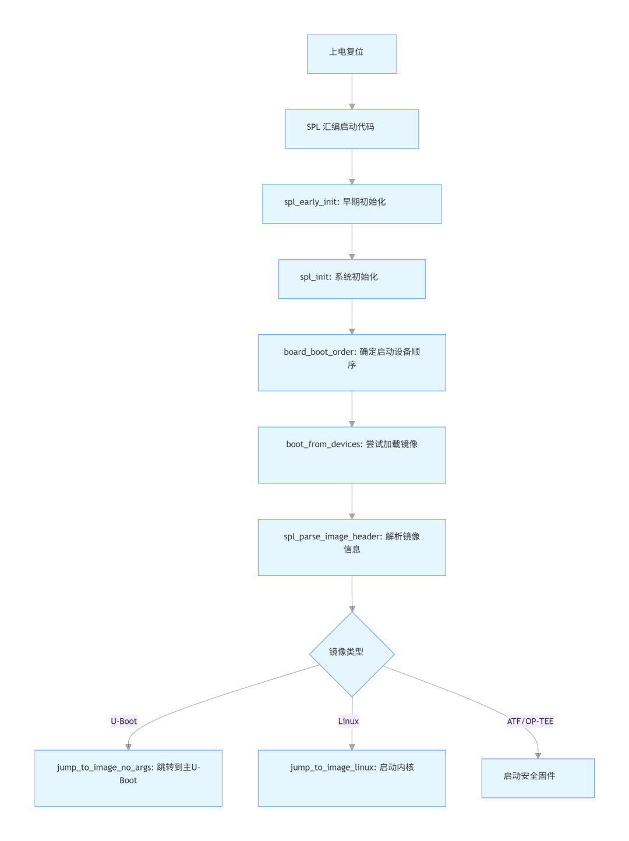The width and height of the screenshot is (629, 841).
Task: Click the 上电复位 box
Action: click(x=352, y=54)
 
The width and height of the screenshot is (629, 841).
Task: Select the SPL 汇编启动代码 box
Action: click(x=352, y=129)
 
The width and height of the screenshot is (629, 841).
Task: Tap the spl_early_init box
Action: click(x=352, y=204)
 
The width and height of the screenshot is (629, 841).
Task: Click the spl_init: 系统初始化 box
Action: click(x=352, y=279)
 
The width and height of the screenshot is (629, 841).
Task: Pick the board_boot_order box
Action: click(x=352, y=362)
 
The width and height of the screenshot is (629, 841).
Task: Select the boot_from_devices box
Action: click(x=352, y=455)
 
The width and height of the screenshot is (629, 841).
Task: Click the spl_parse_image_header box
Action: click(x=352, y=547)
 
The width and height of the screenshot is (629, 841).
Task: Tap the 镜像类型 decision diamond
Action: click(x=352, y=654)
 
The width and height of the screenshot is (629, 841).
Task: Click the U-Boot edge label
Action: click(x=124, y=721)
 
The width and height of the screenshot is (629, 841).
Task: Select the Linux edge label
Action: click(x=348, y=721)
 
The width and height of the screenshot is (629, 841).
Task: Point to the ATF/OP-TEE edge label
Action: click(x=530, y=721)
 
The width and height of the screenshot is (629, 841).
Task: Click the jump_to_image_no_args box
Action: click(x=128, y=778)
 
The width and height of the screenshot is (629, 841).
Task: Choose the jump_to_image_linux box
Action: click(x=352, y=778)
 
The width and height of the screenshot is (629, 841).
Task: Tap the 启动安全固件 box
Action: click(x=538, y=778)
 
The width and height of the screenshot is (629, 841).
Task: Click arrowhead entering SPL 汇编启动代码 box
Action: click(x=352, y=107)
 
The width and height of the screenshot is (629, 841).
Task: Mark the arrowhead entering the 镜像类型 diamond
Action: click(x=352, y=609)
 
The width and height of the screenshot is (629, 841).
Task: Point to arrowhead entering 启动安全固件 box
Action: click(x=538, y=755)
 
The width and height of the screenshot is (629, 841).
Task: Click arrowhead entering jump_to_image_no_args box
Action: click(x=128, y=747)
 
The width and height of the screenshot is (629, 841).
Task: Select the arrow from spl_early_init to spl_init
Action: click(x=352, y=241)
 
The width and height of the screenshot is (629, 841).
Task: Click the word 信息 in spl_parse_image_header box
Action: click(x=352, y=549)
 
